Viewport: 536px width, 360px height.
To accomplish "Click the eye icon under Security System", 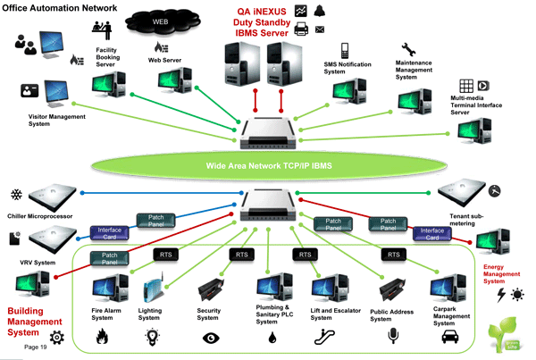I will point(212,338).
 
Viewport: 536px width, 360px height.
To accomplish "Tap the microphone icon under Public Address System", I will point(390,337).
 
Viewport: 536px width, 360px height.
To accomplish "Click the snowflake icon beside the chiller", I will point(14,195).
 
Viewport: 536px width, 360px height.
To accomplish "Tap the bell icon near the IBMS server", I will point(321,9).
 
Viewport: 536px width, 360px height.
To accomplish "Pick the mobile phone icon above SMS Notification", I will point(343,51).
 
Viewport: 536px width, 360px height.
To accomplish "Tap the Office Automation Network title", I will point(46,6).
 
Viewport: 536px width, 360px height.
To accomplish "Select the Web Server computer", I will point(172,81).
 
